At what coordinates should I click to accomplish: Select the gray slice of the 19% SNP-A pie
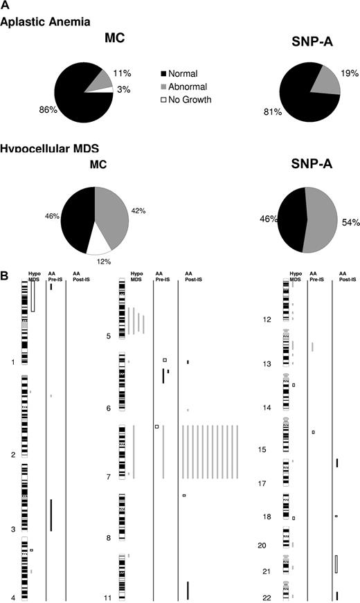[327, 80]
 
